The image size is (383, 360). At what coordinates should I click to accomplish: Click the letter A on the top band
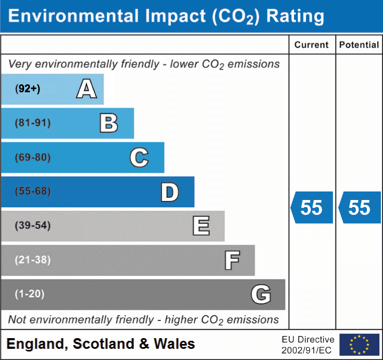(86, 89)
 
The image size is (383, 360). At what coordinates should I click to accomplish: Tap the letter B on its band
(109, 123)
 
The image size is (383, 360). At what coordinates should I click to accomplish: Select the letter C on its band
(139, 157)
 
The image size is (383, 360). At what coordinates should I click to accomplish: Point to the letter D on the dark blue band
(169, 192)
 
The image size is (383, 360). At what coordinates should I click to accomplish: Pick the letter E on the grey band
(201, 226)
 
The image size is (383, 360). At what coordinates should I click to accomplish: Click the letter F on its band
(232, 260)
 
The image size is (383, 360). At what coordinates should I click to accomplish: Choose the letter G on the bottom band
(261, 294)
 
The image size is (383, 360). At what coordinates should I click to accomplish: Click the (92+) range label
(28, 89)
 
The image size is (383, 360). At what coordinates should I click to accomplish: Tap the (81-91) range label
(33, 123)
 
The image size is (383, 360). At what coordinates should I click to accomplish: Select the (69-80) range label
(33, 157)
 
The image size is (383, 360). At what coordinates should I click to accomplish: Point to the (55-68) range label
(33, 191)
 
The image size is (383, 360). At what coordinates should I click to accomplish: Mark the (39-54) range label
(33, 226)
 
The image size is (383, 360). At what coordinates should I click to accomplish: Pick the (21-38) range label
(33, 260)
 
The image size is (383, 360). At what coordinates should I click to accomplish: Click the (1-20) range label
(30, 294)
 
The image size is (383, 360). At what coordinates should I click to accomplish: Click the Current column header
(312, 45)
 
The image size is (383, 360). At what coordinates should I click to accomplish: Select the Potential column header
(359, 45)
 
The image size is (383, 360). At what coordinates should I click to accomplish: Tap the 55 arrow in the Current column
(312, 207)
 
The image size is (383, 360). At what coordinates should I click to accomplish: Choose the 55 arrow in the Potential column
(358, 207)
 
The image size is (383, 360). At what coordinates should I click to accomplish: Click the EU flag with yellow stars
(359, 345)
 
